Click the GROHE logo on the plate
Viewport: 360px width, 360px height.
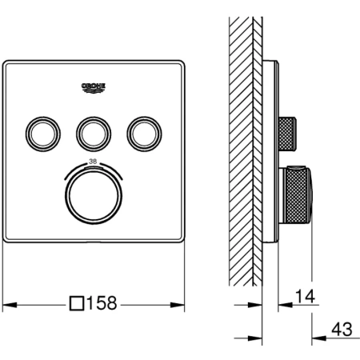94,88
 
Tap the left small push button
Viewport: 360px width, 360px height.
43,134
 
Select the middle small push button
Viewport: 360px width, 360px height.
94,134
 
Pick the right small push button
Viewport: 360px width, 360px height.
144,134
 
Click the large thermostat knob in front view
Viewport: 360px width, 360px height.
94,196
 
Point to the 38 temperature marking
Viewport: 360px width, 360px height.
93,162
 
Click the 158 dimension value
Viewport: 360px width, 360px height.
102,302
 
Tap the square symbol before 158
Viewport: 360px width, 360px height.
77,303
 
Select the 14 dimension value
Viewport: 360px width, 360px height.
305,296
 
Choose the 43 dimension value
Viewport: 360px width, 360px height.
342,329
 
